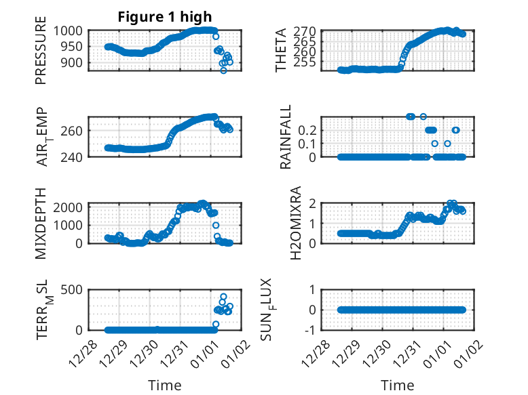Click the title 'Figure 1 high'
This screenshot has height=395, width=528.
[165, 17]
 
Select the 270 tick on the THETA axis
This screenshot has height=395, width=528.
[306, 31]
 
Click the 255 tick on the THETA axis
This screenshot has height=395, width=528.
[306, 62]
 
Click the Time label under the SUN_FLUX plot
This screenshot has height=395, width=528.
[397, 386]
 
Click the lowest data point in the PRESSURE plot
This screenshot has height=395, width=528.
[223, 70]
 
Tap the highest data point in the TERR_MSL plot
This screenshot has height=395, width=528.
[223, 297]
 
